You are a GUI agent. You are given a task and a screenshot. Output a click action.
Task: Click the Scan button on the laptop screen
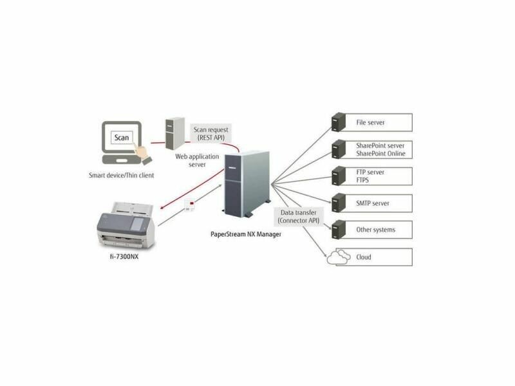pyautogui.click(x=122, y=138)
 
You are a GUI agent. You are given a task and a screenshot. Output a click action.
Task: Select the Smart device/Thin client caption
pyautogui.click(x=122, y=175)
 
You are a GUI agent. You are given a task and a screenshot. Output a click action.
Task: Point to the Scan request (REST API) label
pyautogui.click(x=210, y=134)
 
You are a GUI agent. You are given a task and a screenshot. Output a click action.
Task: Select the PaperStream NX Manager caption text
pyautogui.click(x=246, y=234)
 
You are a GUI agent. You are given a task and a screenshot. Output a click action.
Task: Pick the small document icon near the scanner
pyautogui.click(x=189, y=205)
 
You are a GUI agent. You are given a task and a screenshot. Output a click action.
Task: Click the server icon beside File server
pyautogui.click(x=335, y=122)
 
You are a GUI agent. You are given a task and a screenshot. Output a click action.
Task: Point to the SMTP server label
pyautogui.click(x=373, y=203)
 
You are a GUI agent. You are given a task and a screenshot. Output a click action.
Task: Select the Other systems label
pyautogui.click(x=375, y=230)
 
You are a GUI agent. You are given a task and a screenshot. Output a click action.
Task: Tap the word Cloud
pyautogui.click(x=364, y=257)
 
